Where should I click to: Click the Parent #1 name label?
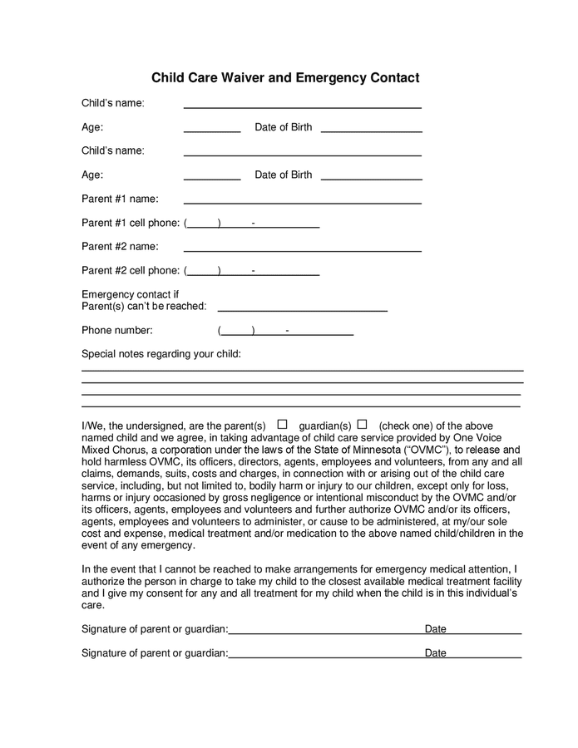[x=120, y=199]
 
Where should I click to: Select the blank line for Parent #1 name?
[x=302, y=202]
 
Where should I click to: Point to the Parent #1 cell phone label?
[x=130, y=223]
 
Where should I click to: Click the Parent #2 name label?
[x=120, y=246]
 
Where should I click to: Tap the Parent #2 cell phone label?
[x=130, y=270]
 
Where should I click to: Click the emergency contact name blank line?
[x=302, y=309]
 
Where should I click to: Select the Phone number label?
[x=116, y=330]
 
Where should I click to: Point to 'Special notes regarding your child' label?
[x=161, y=354]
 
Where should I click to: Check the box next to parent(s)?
[x=282, y=424]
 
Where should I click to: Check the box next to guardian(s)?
[x=362, y=424]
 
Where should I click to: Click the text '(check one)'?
[x=408, y=426]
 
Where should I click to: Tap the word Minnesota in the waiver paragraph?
[x=363, y=450]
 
